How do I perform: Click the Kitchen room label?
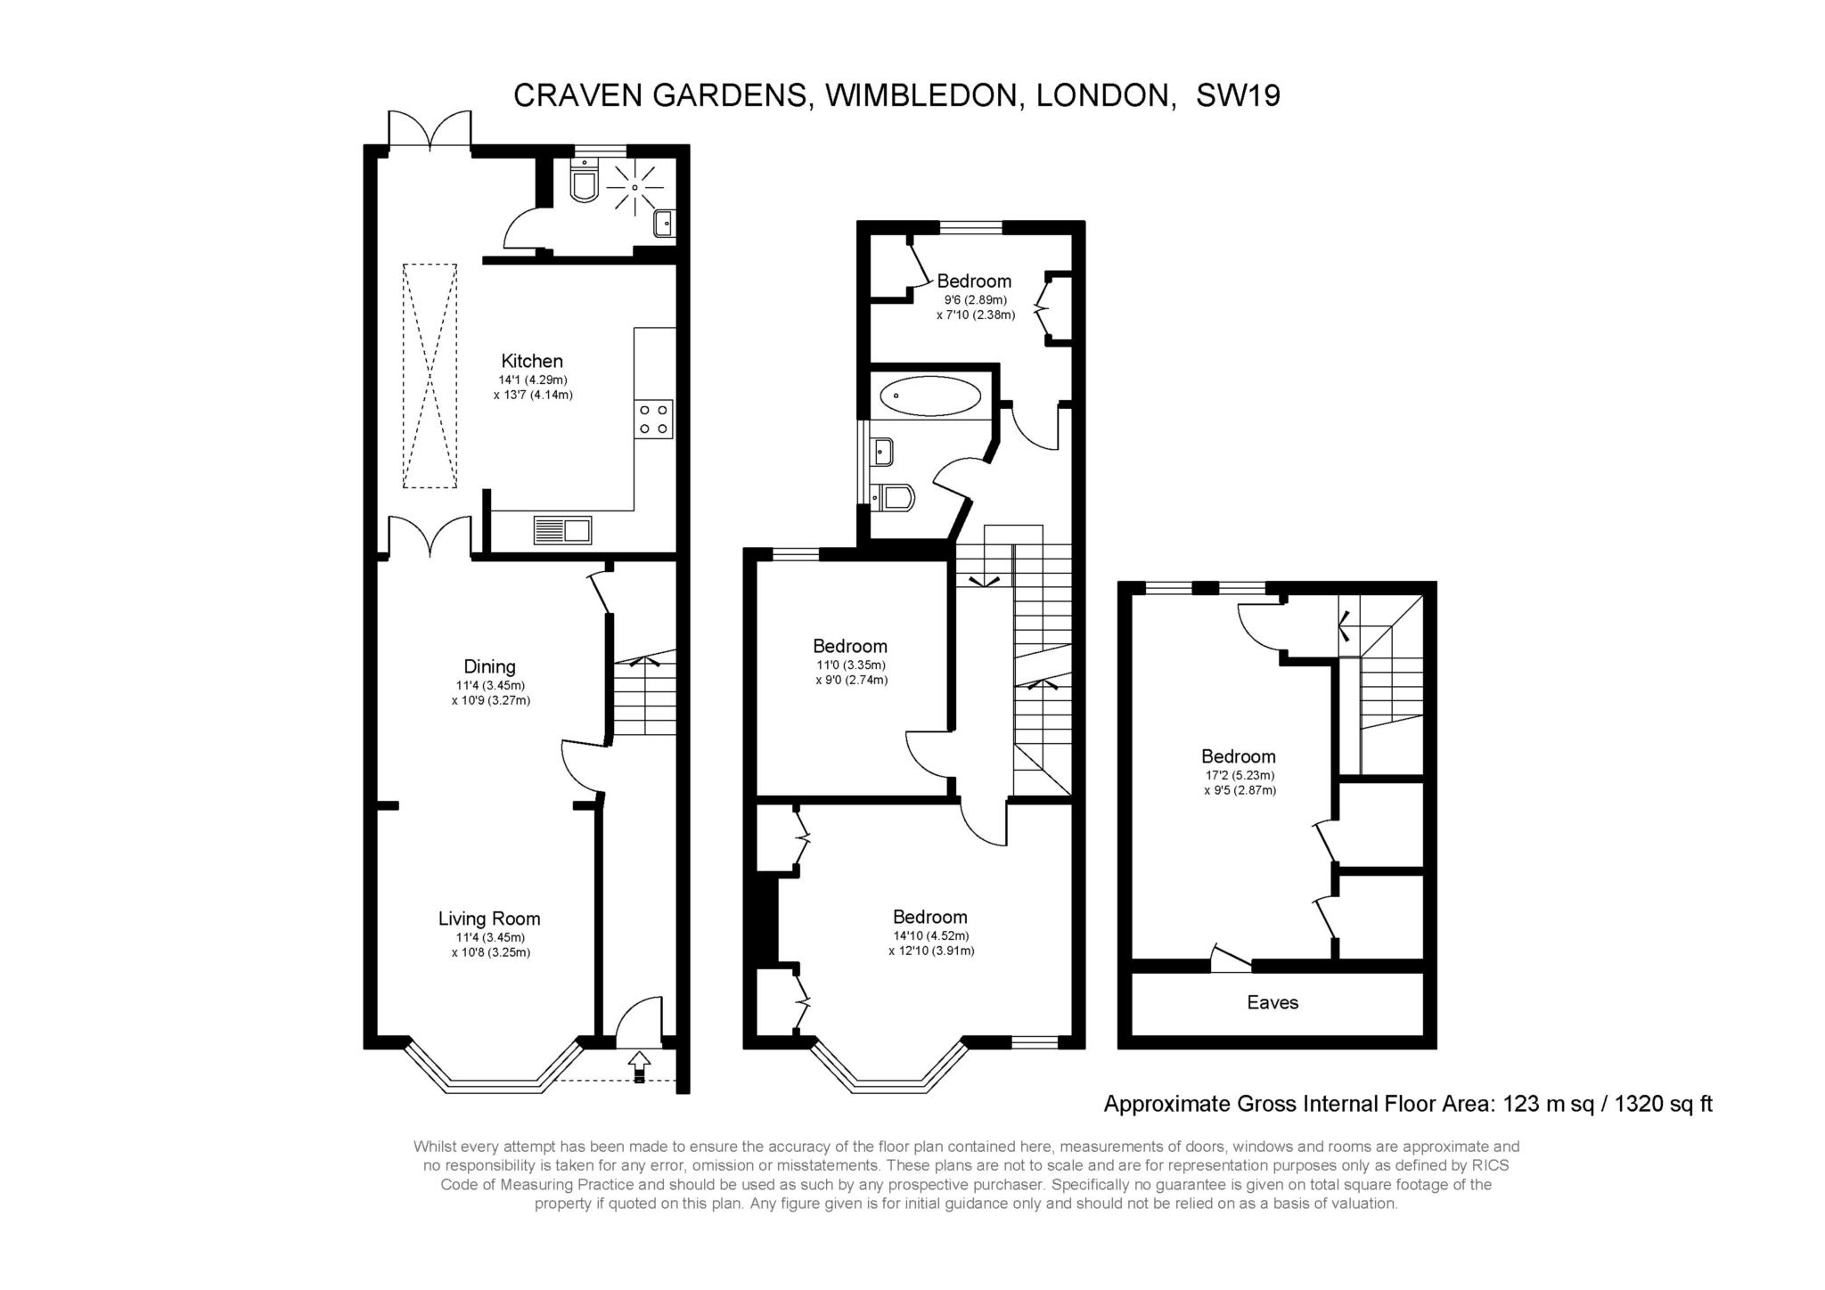532,361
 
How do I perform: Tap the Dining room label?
489,666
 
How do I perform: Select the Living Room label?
489,919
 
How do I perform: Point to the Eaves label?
1273,1002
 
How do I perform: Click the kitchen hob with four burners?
654,420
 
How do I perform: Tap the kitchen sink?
562,530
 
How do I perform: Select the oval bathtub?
929,395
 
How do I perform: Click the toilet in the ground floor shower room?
584,181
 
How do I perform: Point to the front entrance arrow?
639,1066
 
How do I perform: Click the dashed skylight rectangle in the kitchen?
430,375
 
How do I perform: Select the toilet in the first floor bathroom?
893,497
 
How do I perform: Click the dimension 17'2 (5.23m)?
1240,775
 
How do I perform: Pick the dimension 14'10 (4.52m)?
931,935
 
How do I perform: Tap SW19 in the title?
1238,95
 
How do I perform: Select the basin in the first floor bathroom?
882,452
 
